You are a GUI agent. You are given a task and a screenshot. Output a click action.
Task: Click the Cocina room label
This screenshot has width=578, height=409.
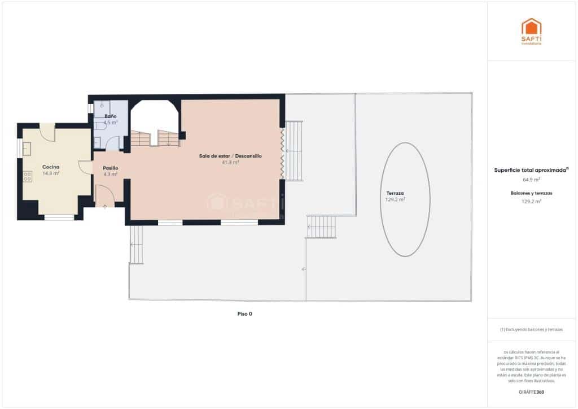point(51,167)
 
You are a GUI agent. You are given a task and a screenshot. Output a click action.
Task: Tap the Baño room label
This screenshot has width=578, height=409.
point(111,116)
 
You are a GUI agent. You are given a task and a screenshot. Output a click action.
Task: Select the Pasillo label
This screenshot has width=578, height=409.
point(111,168)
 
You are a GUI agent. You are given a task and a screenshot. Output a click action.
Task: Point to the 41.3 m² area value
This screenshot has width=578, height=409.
point(230,162)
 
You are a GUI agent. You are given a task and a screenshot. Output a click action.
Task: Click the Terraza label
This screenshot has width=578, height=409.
point(395,193)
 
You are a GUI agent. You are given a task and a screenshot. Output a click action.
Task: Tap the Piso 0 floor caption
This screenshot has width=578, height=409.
point(244,314)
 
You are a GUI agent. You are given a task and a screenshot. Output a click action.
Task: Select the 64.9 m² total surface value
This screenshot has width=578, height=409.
point(531,179)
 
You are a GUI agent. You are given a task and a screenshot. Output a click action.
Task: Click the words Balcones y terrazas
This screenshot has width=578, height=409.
point(531,193)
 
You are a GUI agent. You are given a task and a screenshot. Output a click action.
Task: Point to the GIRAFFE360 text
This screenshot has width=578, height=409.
point(531,391)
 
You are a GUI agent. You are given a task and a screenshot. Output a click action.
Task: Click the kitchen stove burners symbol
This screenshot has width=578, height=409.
point(27,176)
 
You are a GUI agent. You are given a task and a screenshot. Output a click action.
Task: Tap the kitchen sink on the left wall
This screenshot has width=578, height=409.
point(27,148)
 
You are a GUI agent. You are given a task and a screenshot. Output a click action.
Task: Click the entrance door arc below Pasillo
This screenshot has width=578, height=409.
point(106,195)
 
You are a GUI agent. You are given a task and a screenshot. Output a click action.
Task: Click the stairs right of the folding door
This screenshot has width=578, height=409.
point(294,151)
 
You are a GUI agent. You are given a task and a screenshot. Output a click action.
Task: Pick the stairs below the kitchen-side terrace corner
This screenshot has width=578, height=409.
point(136,245)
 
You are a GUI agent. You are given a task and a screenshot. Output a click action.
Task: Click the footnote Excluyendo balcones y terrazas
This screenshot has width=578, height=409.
point(531,329)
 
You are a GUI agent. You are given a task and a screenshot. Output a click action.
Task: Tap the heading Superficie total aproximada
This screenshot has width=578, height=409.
point(530,169)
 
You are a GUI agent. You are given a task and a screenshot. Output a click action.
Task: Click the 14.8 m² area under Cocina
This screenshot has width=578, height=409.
point(51,173)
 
